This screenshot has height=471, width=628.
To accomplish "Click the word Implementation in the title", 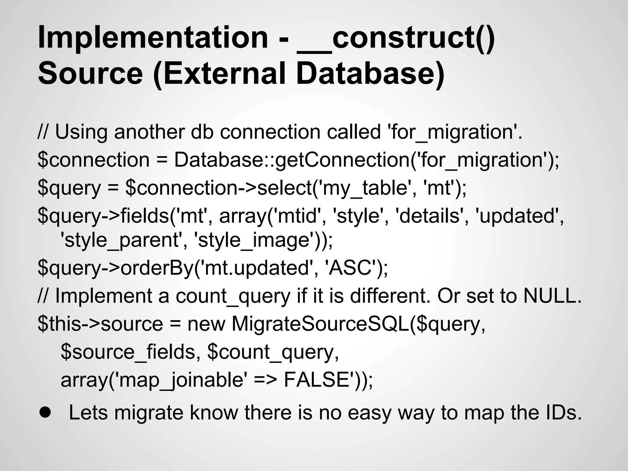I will pos(153,38).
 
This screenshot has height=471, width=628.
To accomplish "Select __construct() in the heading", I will pos(396,38).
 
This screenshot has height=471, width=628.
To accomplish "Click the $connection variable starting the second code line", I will pos(94,160).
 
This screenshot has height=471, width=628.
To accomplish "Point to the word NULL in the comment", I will pos(552,296).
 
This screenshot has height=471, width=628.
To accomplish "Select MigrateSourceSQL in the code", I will pos(320,324).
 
